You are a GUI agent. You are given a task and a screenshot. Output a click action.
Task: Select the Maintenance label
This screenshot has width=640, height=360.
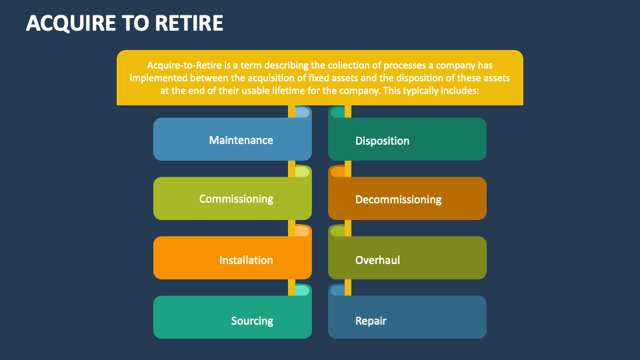click(241, 140)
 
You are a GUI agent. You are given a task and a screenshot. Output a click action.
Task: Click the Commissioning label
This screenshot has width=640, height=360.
click(236, 199)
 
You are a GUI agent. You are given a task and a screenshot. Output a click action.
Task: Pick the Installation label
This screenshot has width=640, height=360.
click(246, 260)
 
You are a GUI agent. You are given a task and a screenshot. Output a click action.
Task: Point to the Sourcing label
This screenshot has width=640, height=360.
click(252, 321)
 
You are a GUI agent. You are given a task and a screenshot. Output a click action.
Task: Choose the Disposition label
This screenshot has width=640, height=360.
click(382, 141)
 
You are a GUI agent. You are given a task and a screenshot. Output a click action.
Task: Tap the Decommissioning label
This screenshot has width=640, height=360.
click(398, 199)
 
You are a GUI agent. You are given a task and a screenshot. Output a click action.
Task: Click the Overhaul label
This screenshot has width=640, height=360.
click(377, 260)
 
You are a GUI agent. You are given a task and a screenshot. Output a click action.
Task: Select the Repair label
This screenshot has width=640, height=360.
click(371, 321)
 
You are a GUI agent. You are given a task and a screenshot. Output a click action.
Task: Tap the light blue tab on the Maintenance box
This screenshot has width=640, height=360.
click(302, 112)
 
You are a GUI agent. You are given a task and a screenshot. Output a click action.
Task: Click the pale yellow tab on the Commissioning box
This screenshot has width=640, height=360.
click(302, 171)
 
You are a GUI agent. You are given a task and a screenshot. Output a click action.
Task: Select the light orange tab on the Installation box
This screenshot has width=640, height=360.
click(302, 231)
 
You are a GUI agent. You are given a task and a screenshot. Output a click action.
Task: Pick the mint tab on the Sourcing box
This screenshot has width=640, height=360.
click(302, 290)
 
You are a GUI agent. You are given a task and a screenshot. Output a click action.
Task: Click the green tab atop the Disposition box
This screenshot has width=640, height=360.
click(338, 112)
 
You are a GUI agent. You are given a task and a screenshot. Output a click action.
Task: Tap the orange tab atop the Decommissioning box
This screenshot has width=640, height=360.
click(338, 171)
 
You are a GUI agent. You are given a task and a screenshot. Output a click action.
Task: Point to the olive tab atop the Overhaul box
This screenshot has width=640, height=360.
click(338, 231)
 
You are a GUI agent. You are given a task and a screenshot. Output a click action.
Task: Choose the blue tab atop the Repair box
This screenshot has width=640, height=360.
click(338, 290)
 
